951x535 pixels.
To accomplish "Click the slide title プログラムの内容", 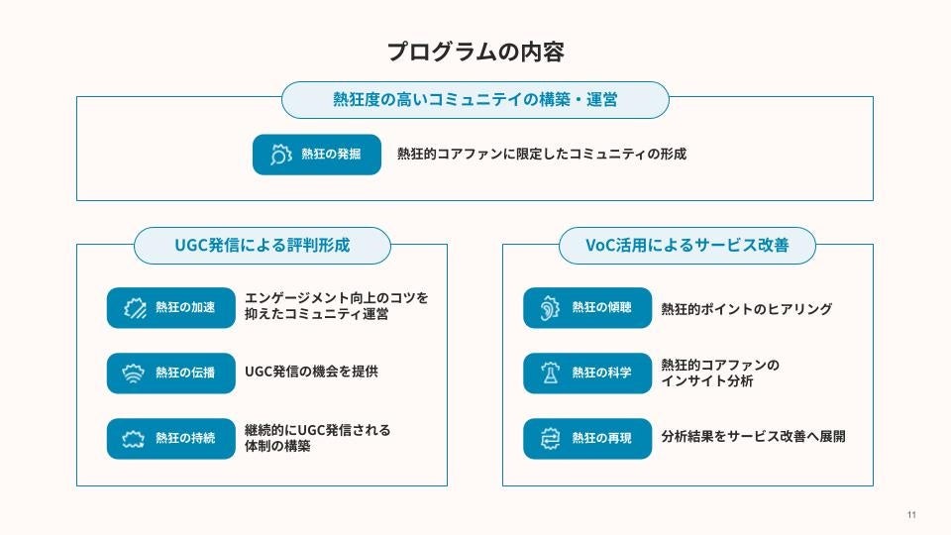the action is coord(475,52).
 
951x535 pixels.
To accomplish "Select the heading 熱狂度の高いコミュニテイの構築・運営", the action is coord(475,100).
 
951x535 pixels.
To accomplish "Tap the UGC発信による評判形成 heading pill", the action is coord(262,246).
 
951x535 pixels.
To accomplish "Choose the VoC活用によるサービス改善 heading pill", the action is coord(687,246).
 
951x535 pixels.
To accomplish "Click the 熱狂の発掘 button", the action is coord(317,155).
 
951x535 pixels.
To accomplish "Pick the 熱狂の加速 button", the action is coord(171,307).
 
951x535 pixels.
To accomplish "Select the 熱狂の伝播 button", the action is coord(171,373).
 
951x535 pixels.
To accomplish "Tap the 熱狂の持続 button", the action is coord(171,438).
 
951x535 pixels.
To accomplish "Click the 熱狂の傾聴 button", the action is coord(587,307).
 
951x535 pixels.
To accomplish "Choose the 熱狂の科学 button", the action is coord(587,373).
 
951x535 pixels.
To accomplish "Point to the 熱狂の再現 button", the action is coord(587,438).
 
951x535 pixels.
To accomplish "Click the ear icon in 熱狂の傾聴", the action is coord(548,307).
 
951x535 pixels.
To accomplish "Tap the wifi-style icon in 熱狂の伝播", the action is coord(132,373).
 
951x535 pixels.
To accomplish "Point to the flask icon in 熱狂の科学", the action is coord(548,373).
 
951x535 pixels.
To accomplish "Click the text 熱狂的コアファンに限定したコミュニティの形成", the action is coord(542,155).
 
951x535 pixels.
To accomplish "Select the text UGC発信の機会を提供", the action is coord(311,373).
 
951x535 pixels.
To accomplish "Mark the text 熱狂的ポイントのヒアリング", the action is coord(746,309).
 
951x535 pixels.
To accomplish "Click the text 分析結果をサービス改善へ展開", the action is coord(753,436).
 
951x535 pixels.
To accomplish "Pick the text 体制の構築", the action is coord(277,447).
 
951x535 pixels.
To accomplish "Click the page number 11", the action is coord(911,515).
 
